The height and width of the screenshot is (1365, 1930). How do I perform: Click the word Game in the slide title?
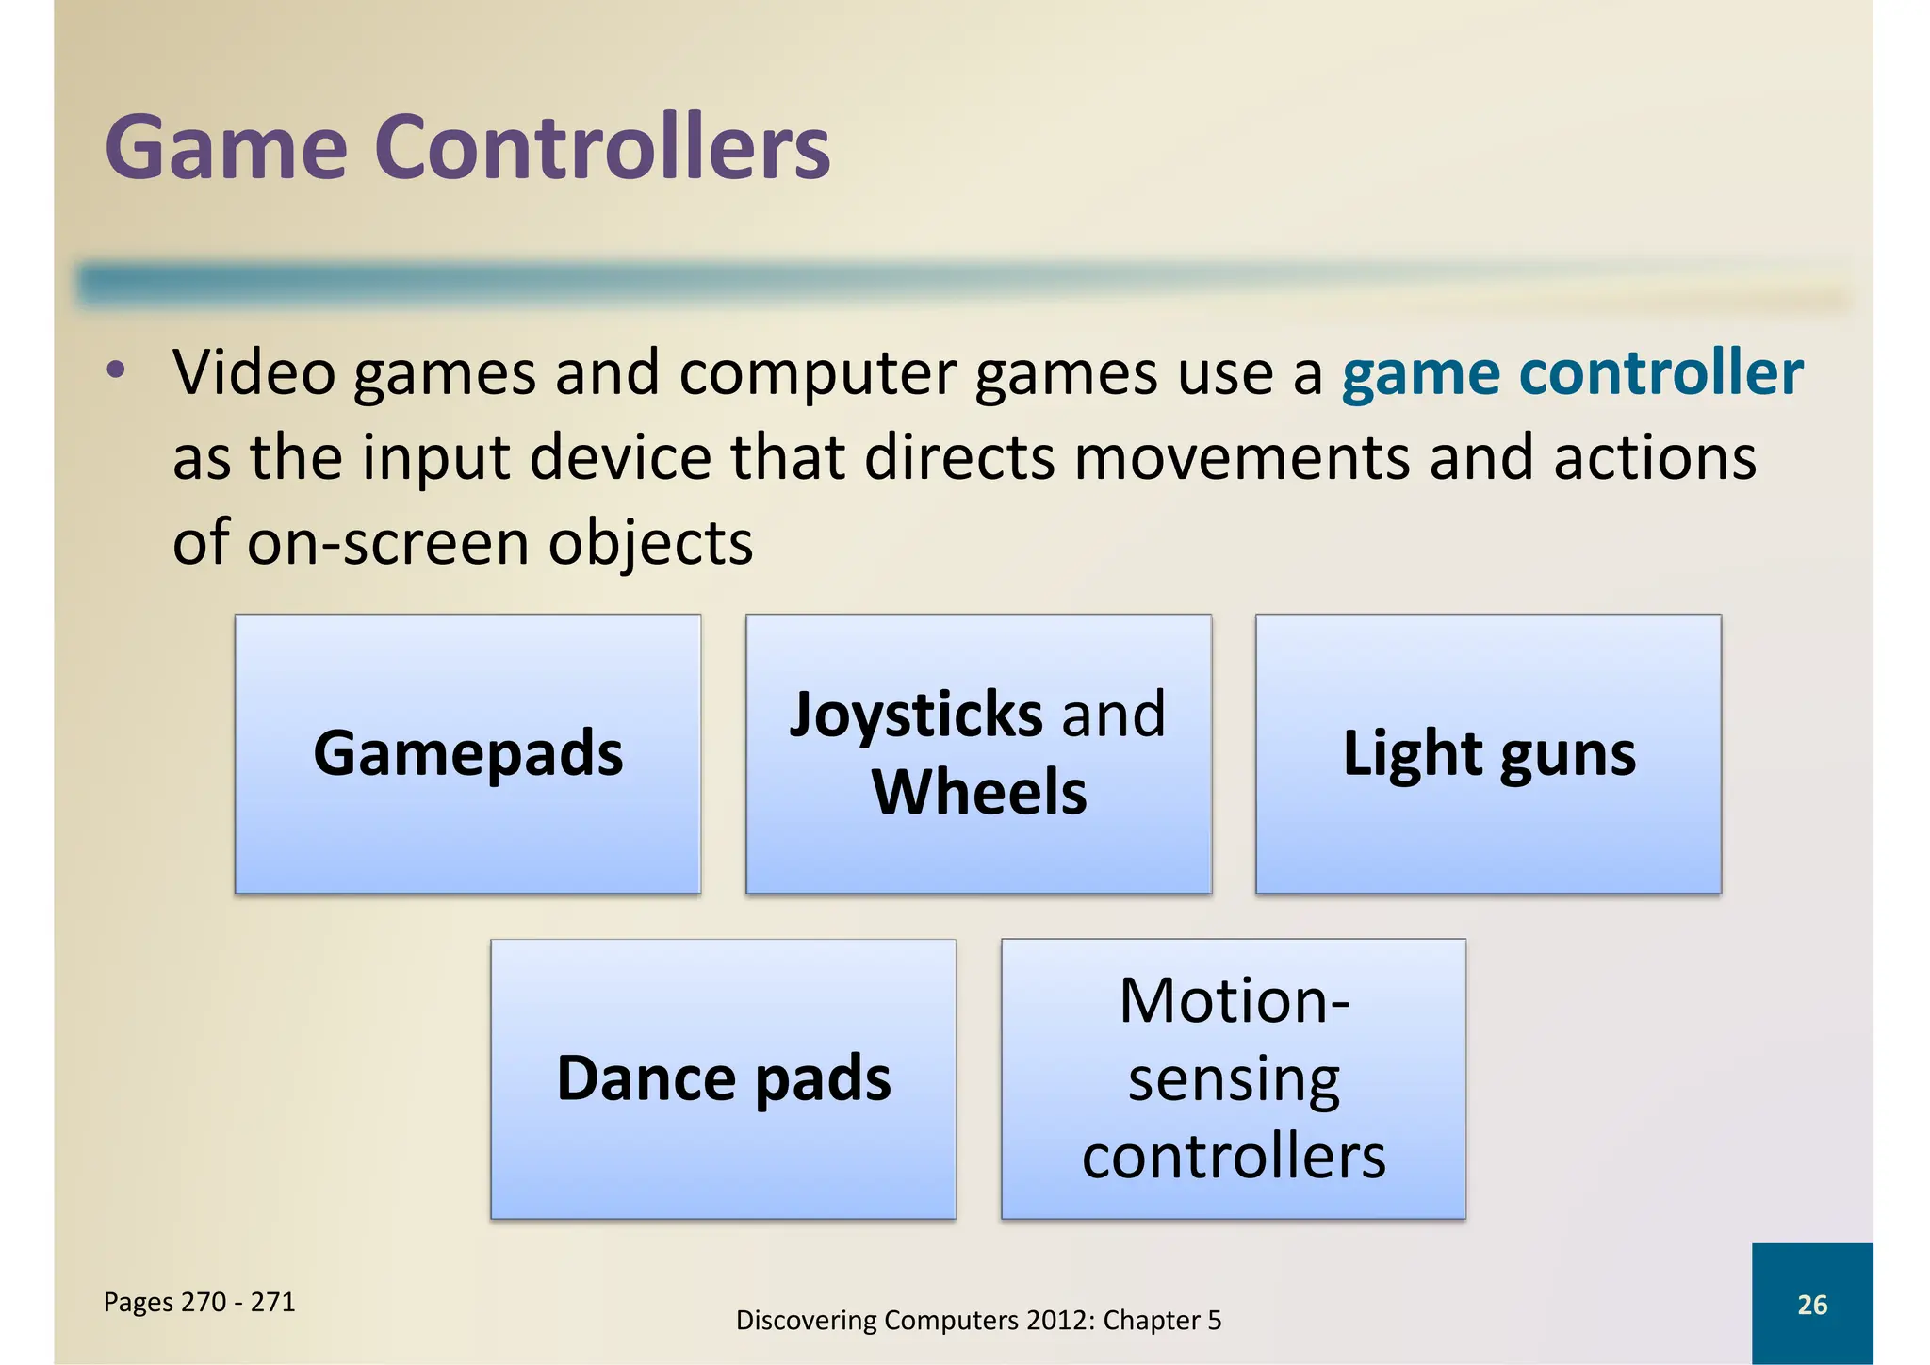tap(226, 149)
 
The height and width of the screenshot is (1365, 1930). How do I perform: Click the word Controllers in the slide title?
tap(602, 149)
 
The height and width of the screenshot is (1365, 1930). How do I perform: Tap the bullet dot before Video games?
tap(115, 370)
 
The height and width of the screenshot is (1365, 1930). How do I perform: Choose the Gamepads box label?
tap(467, 754)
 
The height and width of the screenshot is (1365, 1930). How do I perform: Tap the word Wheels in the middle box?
tap(978, 792)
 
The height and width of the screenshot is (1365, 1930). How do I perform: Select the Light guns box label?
tap(1488, 754)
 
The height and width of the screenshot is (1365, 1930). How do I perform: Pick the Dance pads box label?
tap(723, 1078)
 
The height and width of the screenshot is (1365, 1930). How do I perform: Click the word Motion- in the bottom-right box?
tap(1234, 1000)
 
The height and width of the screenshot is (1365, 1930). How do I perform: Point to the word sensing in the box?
tap(1234, 1080)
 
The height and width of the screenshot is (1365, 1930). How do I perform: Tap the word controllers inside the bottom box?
tap(1234, 1157)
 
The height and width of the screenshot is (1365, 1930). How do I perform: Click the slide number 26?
tap(1811, 1305)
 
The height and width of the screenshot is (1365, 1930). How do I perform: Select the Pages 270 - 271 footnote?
tap(199, 1303)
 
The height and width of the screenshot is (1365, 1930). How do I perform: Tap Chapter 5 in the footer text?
tap(1162, 1321)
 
